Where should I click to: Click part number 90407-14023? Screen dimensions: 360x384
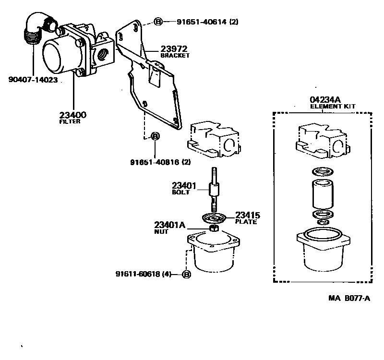coord(33,80)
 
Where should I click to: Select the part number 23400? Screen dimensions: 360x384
coord(73,115)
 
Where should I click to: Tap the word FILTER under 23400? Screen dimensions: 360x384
coord(70,122)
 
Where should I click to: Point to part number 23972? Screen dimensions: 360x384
coord(174,48)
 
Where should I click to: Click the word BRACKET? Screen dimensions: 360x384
coord(175,56)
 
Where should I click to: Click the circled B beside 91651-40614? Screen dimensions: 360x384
coord(158,22)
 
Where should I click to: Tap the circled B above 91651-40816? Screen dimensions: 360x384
coord(155,136)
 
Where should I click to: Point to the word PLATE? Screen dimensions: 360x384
coord(246,222)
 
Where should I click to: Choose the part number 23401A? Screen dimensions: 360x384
coord(169,224)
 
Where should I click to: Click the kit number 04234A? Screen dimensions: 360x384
coord(322,99)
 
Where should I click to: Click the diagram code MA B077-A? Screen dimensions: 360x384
coord(349,298)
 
